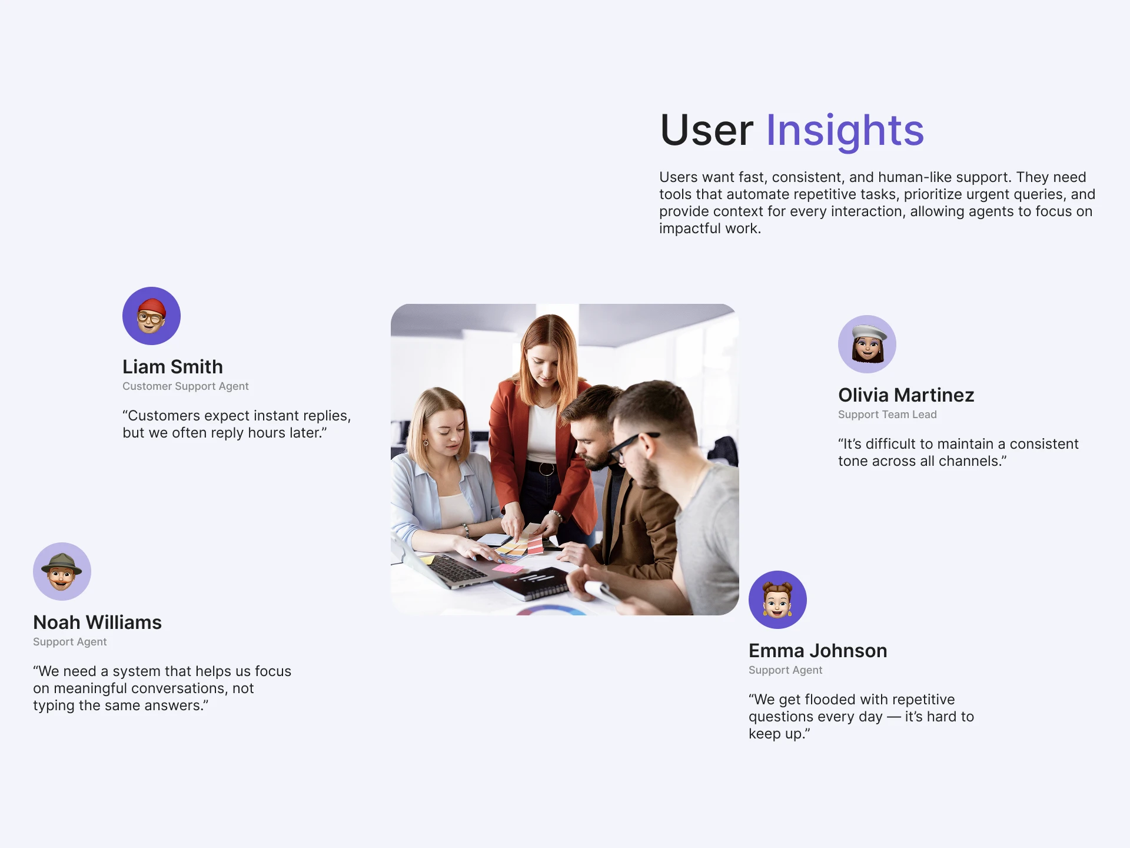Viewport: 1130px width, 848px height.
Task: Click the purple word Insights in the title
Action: coord(845,131)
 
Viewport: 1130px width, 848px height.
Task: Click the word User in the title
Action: coord(706,130)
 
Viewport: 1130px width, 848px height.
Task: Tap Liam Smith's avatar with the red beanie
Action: coord(151,316)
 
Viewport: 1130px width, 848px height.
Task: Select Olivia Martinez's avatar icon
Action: coord(867,344)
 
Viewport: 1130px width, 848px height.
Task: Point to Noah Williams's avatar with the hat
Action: coord(62,571)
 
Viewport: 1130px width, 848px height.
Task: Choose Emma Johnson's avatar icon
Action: coord(777,599)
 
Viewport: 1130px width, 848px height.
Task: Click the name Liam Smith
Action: coord(172,367)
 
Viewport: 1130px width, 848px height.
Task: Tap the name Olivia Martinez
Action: coord(906,395)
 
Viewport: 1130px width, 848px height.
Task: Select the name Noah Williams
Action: coord(97,622)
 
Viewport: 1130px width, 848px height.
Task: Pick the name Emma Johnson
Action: coord(818,651)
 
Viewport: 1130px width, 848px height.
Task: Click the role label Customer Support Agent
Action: coord(185,386)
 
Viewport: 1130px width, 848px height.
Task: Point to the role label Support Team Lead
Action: coord(888,415)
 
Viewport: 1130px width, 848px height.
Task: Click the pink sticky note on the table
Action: coord(507,568)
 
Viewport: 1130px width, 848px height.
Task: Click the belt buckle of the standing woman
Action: coord(546,469)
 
